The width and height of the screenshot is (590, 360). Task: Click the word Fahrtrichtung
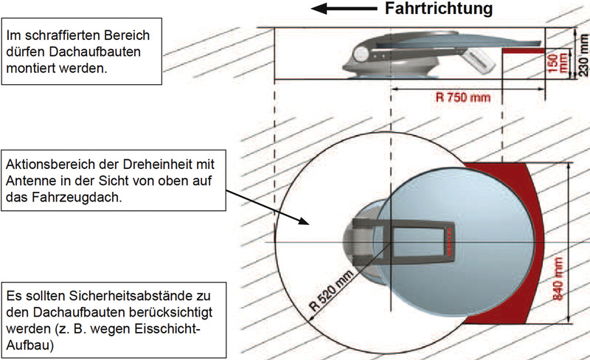pyautogui.click(x=438, y=9)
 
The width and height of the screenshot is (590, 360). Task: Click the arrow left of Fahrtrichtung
pyautogui.click(x=344, y=9)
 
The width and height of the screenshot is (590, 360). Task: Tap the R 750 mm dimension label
pyautogui.click(x=463, y=97)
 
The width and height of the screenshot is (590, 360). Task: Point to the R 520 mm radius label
pyautogui.click(x=331, y=291)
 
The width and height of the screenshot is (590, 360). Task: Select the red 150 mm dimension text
pyautogui.click(x=558, y=63)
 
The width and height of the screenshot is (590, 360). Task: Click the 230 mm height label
pyautogui.click(x=583, y=55)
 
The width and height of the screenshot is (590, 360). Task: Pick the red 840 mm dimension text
pyautogui.click(x=558, y=279)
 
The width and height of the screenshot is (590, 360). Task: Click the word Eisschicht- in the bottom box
pyautogui.click(x=164, y=329)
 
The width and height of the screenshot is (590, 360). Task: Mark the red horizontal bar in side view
pyautogui.click(x=524, y=50)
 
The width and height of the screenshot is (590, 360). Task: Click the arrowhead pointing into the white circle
pyautogui.click(x=304, y=221)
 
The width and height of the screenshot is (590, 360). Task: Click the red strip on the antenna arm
pyautogui.click(x=448, y=242)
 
